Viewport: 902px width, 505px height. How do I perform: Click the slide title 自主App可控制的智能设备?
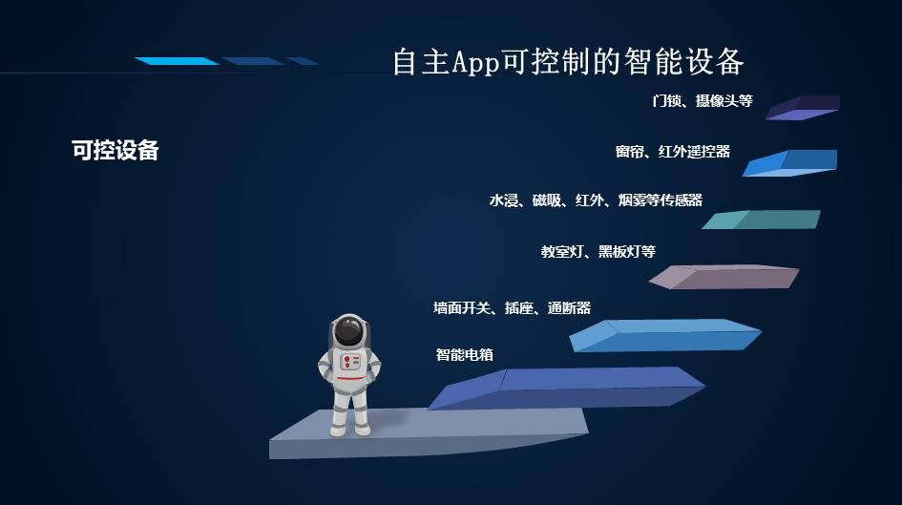[x=568, y=61]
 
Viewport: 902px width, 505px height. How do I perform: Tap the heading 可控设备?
[x=115, y=150]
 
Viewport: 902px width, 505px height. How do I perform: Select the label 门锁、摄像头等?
[x=703, y=100]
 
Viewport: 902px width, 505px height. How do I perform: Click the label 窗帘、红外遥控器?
[x=673, y=151]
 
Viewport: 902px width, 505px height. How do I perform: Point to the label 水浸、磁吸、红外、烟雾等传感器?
[x=596, y=200]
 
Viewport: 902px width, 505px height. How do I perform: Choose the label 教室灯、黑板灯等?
[x=598, y=251]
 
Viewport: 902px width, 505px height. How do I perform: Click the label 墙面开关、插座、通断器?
[x=512, y=308]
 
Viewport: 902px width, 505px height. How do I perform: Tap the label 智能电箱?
[x=464, y=354]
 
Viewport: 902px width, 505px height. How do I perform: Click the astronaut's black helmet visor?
[x=348, y=331]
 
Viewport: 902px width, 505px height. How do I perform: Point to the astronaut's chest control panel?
[x=350, y=362]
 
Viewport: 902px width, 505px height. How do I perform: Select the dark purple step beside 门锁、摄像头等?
[x=803, y=108]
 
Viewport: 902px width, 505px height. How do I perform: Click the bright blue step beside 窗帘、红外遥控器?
[x=789, y=163]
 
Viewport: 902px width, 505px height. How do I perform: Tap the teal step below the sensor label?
[x=761, y=220]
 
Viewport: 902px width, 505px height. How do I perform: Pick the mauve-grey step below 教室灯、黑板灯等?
[x=724, y=277]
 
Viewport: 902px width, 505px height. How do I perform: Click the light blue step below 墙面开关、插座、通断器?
[x=665, y=335]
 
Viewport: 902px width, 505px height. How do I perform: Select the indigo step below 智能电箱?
[x=567, y=389]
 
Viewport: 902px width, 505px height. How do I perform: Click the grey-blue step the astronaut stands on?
[x=430, y=433]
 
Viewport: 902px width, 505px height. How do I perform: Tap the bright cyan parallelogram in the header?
[x=177, y=61]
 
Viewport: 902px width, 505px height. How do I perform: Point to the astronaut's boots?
[x=349, y=429]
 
